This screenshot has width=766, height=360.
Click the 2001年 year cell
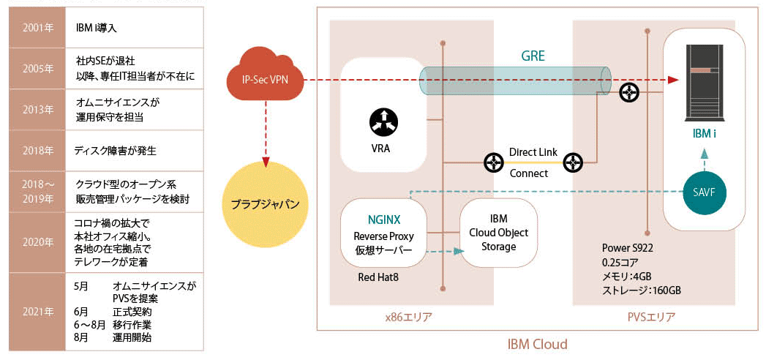37,27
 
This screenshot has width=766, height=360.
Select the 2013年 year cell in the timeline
37,110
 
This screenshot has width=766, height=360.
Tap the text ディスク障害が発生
116,151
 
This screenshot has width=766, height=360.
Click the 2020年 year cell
37,242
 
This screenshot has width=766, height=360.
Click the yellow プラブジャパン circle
265,203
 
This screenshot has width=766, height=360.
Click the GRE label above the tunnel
532,56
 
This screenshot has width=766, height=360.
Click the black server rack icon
704,83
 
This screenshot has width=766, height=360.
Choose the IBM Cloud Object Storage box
499,233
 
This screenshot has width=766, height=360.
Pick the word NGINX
383,220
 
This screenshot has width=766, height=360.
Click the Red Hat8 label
378,277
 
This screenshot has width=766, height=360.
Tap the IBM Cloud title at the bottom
536,344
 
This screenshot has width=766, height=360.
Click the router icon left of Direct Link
492,162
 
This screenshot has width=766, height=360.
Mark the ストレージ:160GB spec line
642,290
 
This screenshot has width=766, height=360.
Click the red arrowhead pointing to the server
674,80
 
